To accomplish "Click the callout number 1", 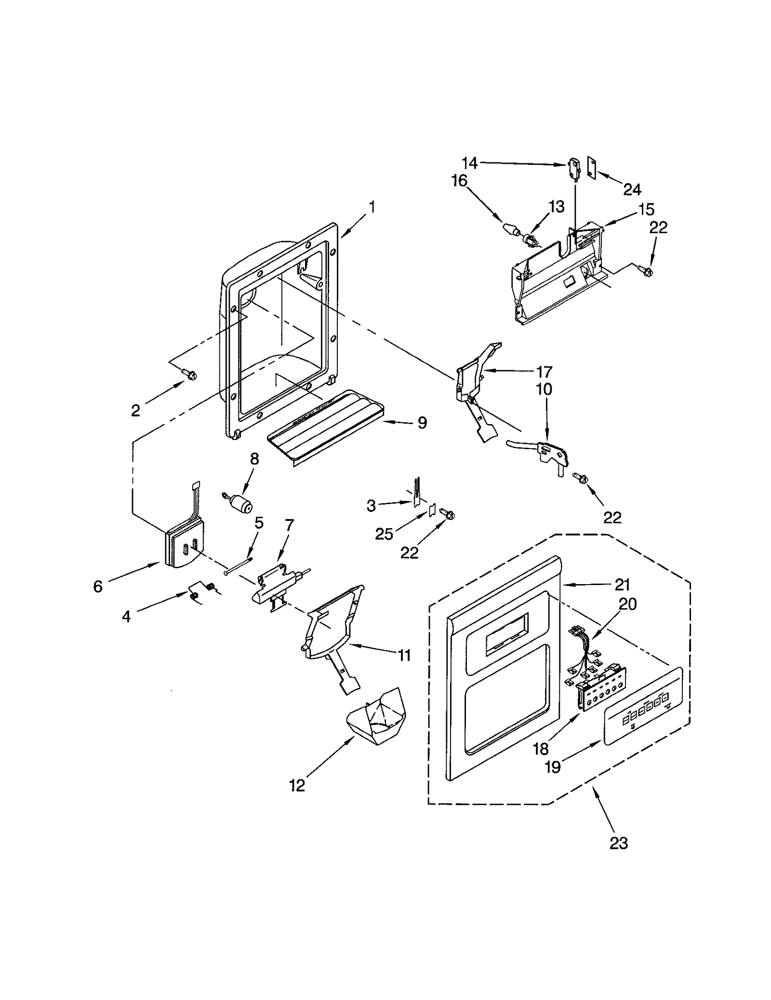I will [372, 207].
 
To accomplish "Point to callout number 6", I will [98, 587].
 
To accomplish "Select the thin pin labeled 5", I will [238, 566].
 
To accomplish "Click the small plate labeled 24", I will [592, 167].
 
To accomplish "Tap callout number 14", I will [470, 163].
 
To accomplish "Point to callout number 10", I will [544, 389].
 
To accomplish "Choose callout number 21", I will [622, 585].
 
